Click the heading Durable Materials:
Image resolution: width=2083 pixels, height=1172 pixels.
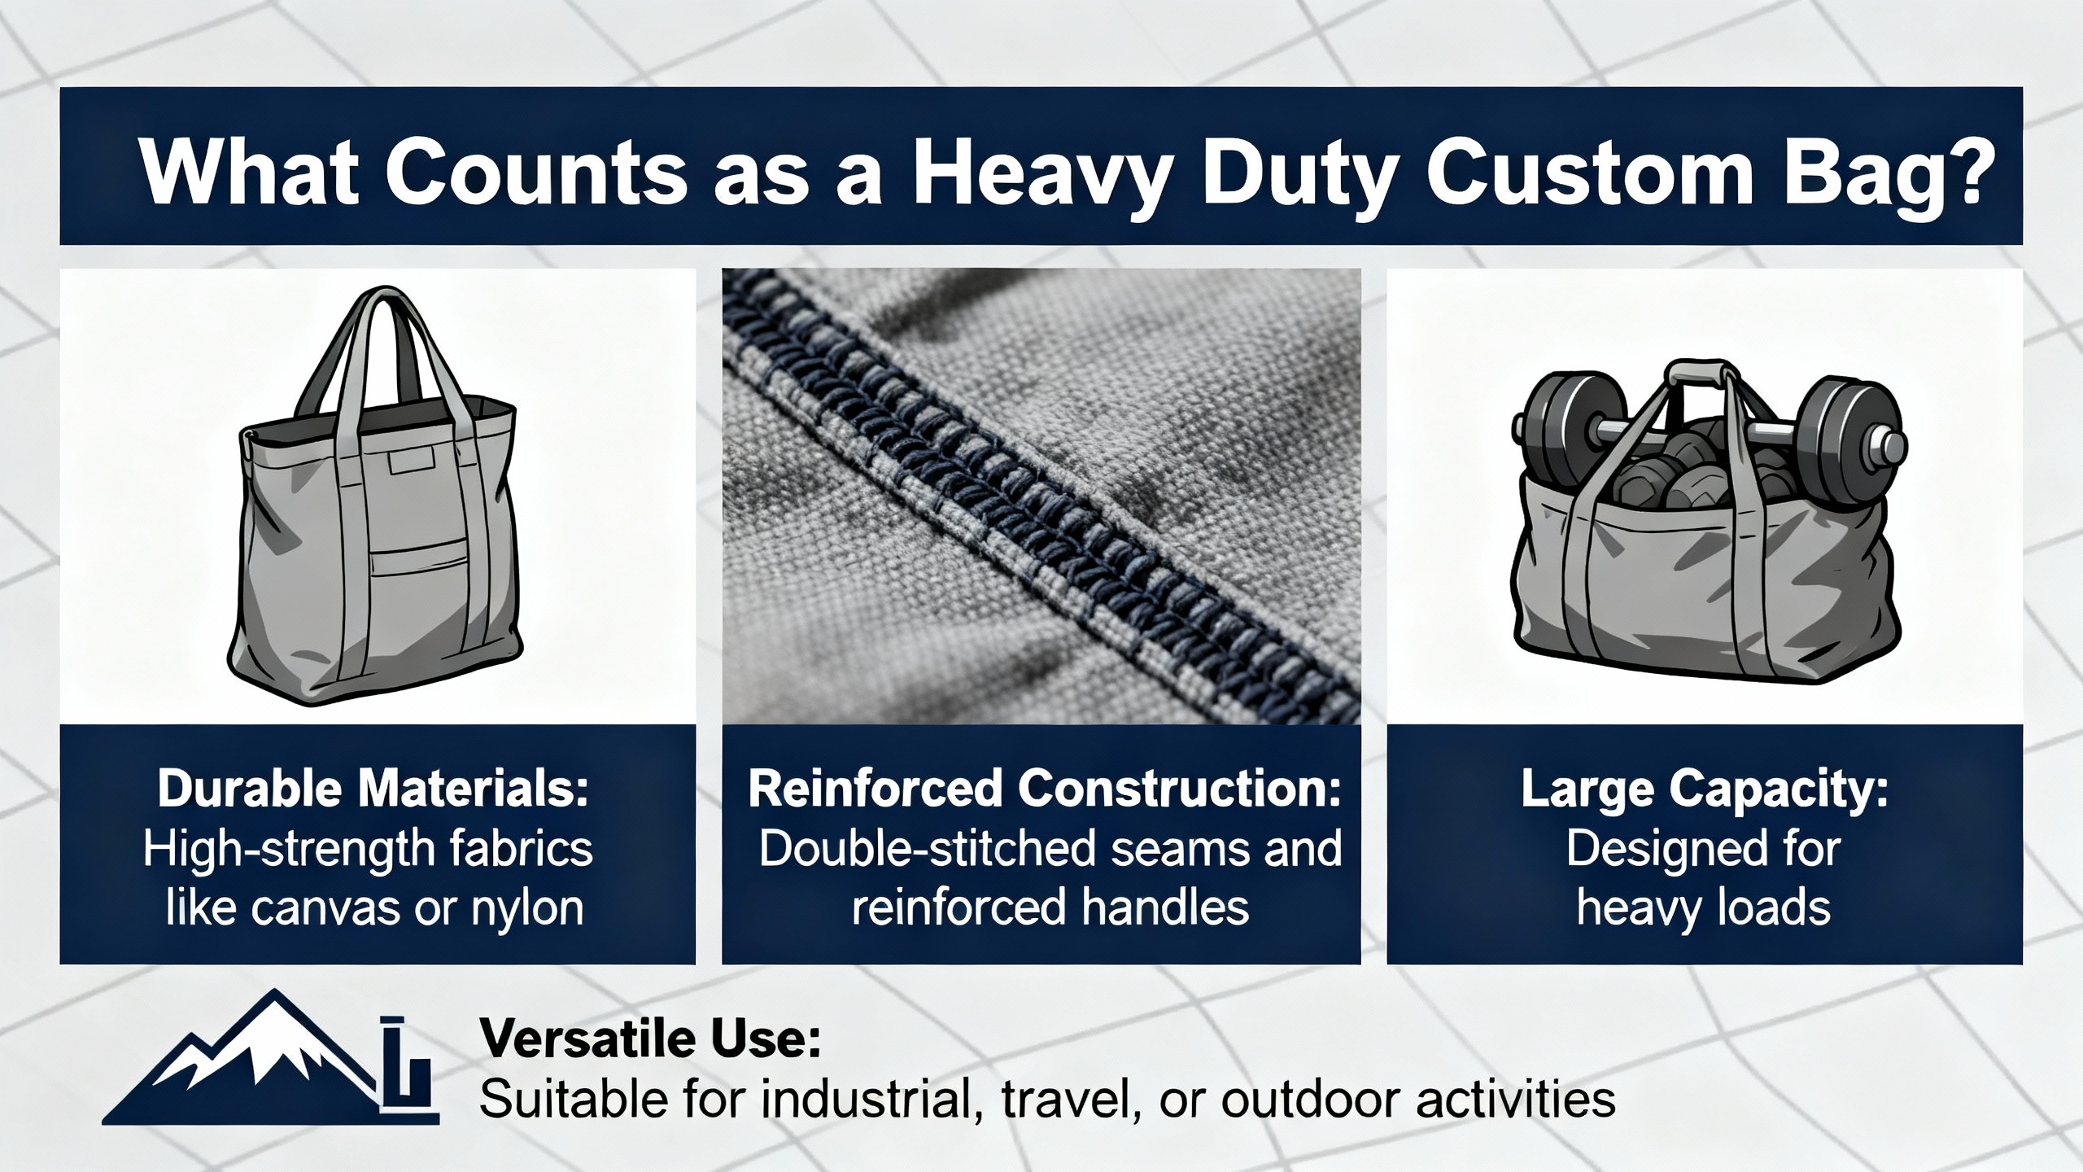click(x=373, y=790)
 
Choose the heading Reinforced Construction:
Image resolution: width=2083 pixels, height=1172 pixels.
click(x=1044, y=790)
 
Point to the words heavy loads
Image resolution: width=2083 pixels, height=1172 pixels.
click(x=1703, y=910)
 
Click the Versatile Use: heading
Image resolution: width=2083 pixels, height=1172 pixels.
click(x=649, y=1039)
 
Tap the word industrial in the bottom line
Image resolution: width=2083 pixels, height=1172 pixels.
click(x=867, y=1100)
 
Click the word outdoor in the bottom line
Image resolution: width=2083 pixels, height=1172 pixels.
click(x=1310, y=1100)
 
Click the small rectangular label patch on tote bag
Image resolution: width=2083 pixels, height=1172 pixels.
click(x=413, y=462)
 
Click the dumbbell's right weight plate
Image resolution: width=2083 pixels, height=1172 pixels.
click(x=1842, y=439)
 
